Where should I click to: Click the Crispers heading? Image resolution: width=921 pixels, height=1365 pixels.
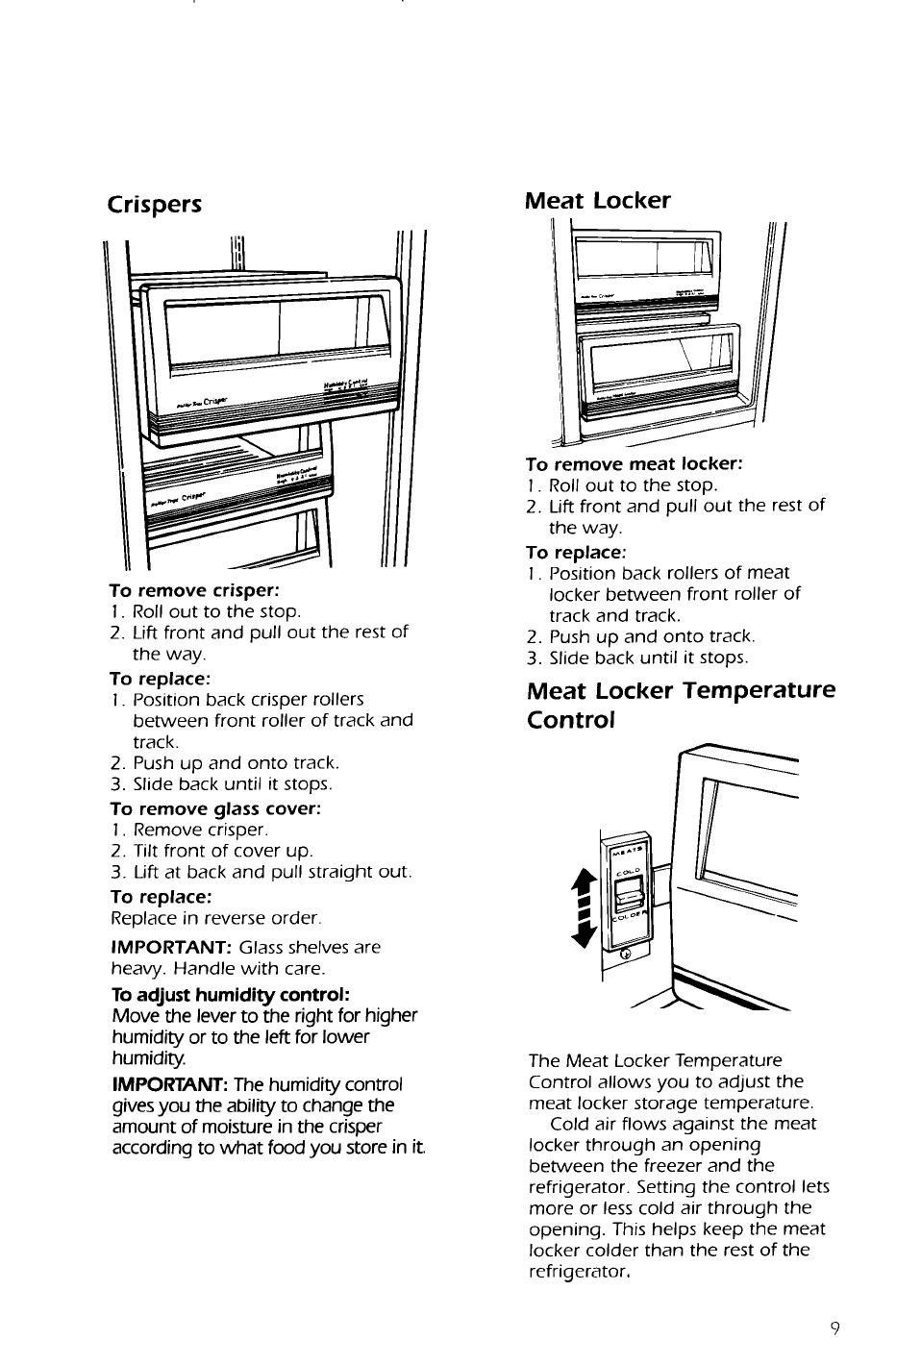[x=155, y=205]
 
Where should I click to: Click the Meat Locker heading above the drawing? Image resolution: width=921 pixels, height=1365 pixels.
[x=597, y=200]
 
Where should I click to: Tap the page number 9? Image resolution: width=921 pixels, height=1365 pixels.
[x=835, y=1328]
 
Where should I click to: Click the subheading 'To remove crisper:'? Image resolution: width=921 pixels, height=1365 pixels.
[x=194, y=589]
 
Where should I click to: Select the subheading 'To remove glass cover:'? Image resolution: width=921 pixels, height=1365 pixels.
[x=215, y=808]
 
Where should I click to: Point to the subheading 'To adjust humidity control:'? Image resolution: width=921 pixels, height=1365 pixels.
[x=230, y=993]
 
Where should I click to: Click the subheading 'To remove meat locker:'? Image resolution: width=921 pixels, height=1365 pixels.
[x=635, y=464]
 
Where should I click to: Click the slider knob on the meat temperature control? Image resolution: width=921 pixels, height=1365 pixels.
[x=628, y=899]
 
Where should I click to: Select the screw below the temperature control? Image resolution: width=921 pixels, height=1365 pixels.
[x=626, y=954]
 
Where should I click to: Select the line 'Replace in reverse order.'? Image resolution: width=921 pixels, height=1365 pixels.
[x=216, y=917]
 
